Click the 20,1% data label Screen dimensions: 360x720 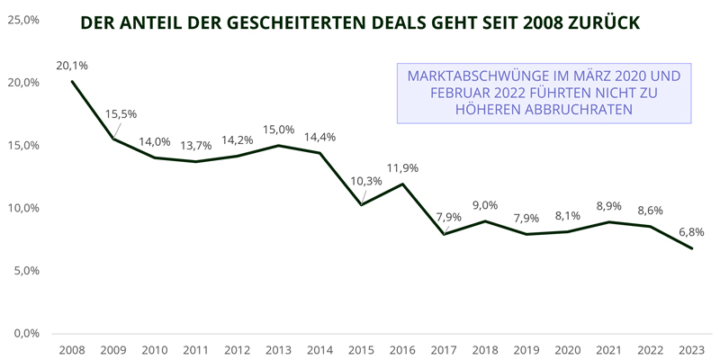point(72,65)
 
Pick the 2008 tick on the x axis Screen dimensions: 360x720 point(72,349)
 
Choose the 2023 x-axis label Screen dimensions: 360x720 point(691,349)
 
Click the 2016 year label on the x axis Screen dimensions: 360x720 point(402,349)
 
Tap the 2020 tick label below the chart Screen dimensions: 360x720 point(567,349)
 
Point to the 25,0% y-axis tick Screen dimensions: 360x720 point(23,20)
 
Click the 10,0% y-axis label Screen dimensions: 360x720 point(23,208)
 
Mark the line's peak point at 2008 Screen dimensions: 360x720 point(72,82)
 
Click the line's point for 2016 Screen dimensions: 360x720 point(402,184)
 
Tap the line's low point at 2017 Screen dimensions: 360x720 point(444,234)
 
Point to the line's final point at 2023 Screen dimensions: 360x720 point(691,248)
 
